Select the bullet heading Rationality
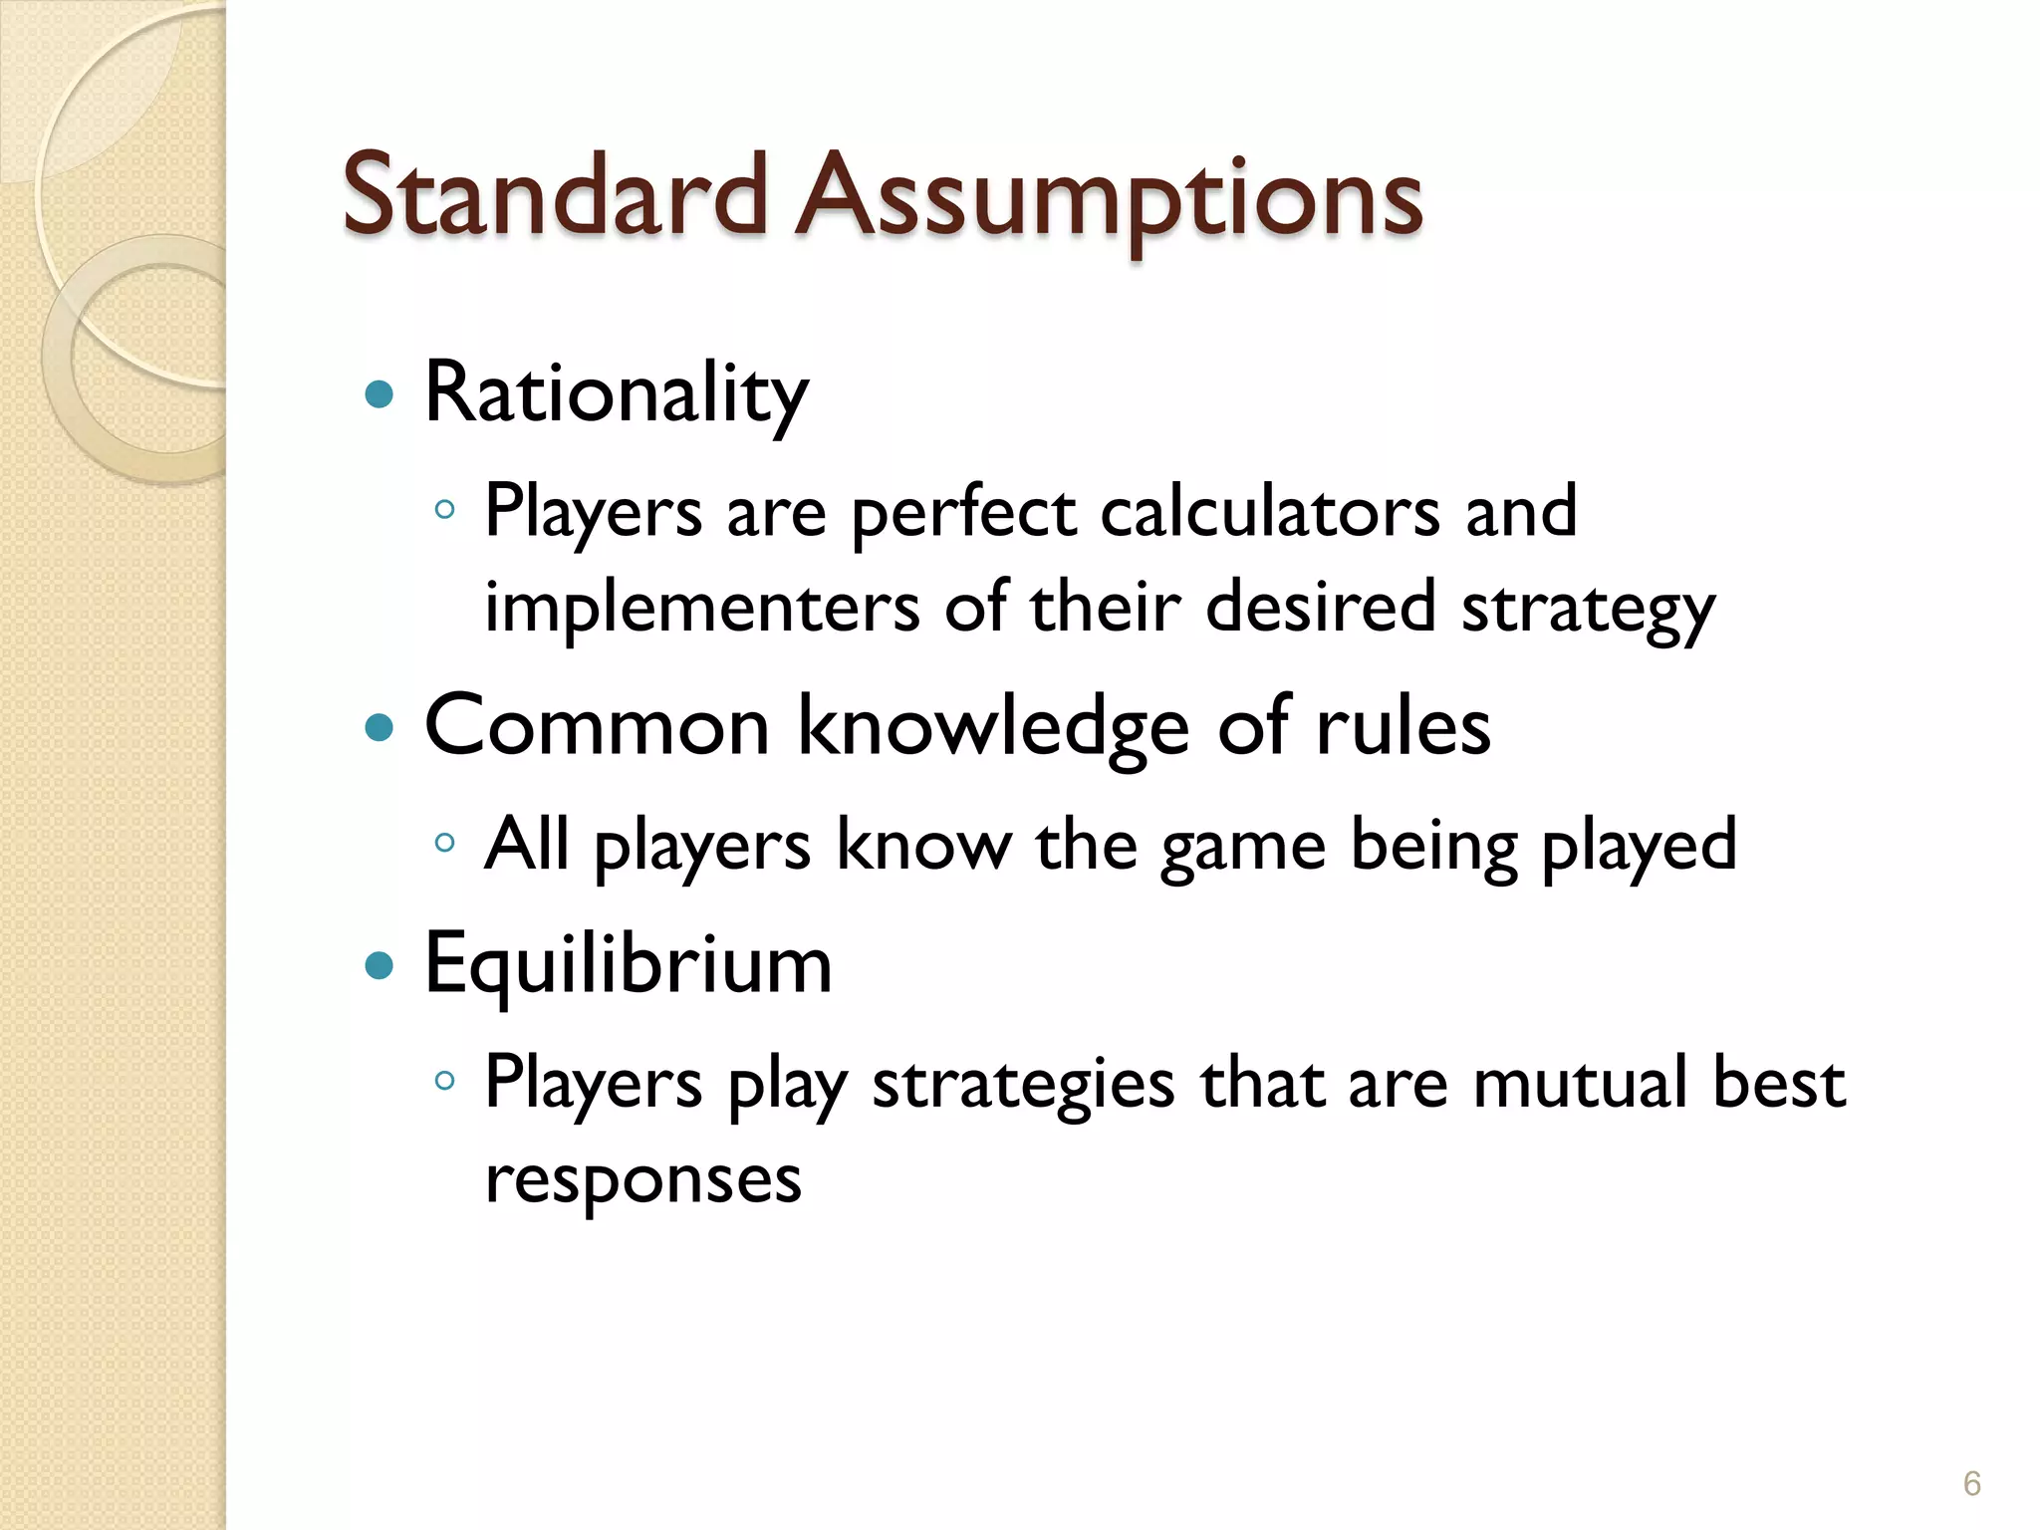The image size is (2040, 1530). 616,394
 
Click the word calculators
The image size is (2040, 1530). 1270,512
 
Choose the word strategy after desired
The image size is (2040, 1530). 1588,610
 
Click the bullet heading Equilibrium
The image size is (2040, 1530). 628,964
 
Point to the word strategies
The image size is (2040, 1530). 1023,1084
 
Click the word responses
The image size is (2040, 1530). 642,1179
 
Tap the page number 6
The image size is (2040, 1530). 1971,1483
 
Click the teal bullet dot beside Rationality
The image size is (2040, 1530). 380,395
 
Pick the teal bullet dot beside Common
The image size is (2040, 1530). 380,727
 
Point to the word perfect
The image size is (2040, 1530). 963,512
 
